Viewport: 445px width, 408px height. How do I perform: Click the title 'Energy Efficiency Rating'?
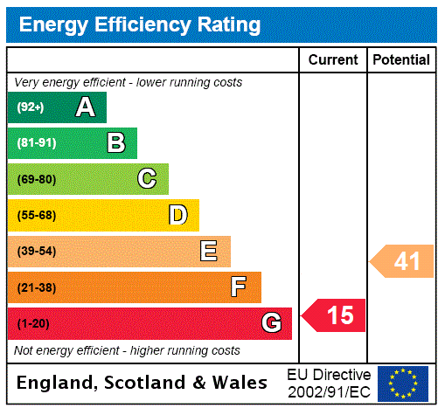[140, 24]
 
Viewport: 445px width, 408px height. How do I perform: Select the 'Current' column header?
[333, 60]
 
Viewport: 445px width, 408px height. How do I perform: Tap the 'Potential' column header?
[401, 60]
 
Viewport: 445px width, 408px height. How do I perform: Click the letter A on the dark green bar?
[85, 107]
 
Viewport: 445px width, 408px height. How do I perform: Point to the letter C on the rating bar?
[147, 179]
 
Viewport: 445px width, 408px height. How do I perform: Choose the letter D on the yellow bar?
[177, 215]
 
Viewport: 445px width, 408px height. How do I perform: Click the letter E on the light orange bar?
[209, 252]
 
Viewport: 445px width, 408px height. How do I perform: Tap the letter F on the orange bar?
[238, 287]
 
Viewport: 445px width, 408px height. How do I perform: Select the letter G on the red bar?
[271, 324]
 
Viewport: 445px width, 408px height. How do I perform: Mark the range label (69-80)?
[36, 179]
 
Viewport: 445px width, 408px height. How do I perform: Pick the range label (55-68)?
[36, 215]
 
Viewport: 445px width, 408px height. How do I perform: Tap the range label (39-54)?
[36, 252]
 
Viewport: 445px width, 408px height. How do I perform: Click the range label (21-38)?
[36, 287]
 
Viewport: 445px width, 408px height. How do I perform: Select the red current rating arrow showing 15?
[334, 315]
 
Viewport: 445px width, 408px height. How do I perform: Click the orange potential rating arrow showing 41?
[402, 260]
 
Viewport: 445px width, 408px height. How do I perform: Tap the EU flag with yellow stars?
[403, 383]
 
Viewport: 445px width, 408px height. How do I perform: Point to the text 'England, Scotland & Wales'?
[143, 383]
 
